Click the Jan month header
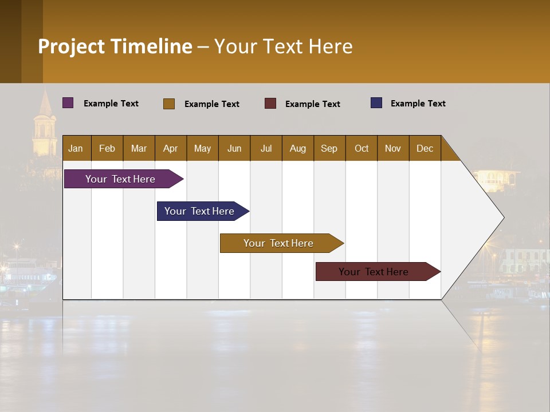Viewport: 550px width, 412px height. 76,148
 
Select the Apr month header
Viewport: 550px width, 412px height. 170,148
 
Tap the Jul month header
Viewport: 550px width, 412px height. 266,148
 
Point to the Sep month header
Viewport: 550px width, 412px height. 329,148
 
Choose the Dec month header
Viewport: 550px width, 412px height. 425,148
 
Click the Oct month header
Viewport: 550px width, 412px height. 362,148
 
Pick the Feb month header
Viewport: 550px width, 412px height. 107,148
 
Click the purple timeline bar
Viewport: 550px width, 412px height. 120,179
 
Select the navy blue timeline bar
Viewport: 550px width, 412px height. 199,211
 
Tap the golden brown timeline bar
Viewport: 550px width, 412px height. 278,243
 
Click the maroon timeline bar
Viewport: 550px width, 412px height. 374,272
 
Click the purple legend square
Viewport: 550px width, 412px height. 68,103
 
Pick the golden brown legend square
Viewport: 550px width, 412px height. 169,104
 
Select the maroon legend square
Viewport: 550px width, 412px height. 270,104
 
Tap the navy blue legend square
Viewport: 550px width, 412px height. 376,103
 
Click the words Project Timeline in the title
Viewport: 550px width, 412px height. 115,46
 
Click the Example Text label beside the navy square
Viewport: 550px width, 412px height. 418,104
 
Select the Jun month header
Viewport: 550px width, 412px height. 234,148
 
